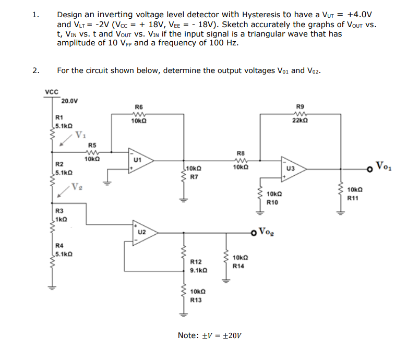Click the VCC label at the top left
point(51,92)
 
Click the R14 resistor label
point(238,266)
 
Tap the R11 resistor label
point(353,198)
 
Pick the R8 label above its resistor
point(241,152)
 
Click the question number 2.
point(35,70)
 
